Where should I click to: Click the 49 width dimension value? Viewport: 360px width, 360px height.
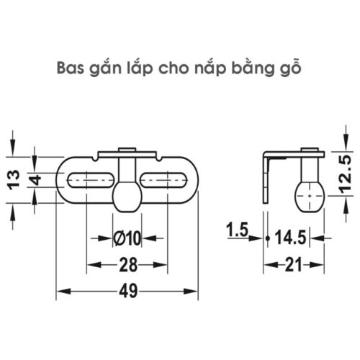128,292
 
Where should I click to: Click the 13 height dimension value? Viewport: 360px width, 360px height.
13,177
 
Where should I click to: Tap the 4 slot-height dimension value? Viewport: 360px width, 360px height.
34,178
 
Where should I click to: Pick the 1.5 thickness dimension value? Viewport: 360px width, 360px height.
235,231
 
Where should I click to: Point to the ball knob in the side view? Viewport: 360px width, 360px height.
310,193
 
